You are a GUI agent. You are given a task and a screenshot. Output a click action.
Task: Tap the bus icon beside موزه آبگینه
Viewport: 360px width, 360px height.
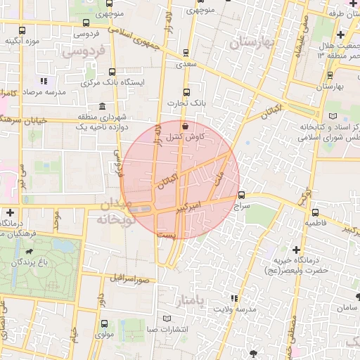click(x=22, y=31)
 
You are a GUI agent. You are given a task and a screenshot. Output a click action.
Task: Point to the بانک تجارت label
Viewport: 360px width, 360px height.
click(x=185, y=103)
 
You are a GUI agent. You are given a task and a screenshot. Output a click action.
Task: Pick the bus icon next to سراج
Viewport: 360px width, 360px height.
click(x=243, y=195)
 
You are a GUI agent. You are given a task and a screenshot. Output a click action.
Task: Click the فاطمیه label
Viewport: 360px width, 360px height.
click(x=315, y=223)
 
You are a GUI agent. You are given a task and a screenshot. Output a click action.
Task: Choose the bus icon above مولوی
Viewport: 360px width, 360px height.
click(x=105, y=324)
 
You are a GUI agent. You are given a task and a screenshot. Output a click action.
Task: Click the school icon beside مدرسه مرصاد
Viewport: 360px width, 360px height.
click(x=44, y=82)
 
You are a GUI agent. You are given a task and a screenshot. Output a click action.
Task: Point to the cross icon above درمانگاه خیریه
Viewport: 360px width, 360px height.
click(x=297, y=250)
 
